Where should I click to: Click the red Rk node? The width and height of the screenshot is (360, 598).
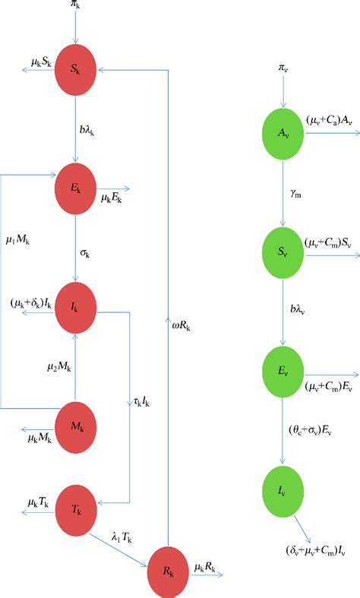168,567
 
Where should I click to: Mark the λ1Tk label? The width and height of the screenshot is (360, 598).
122,538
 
